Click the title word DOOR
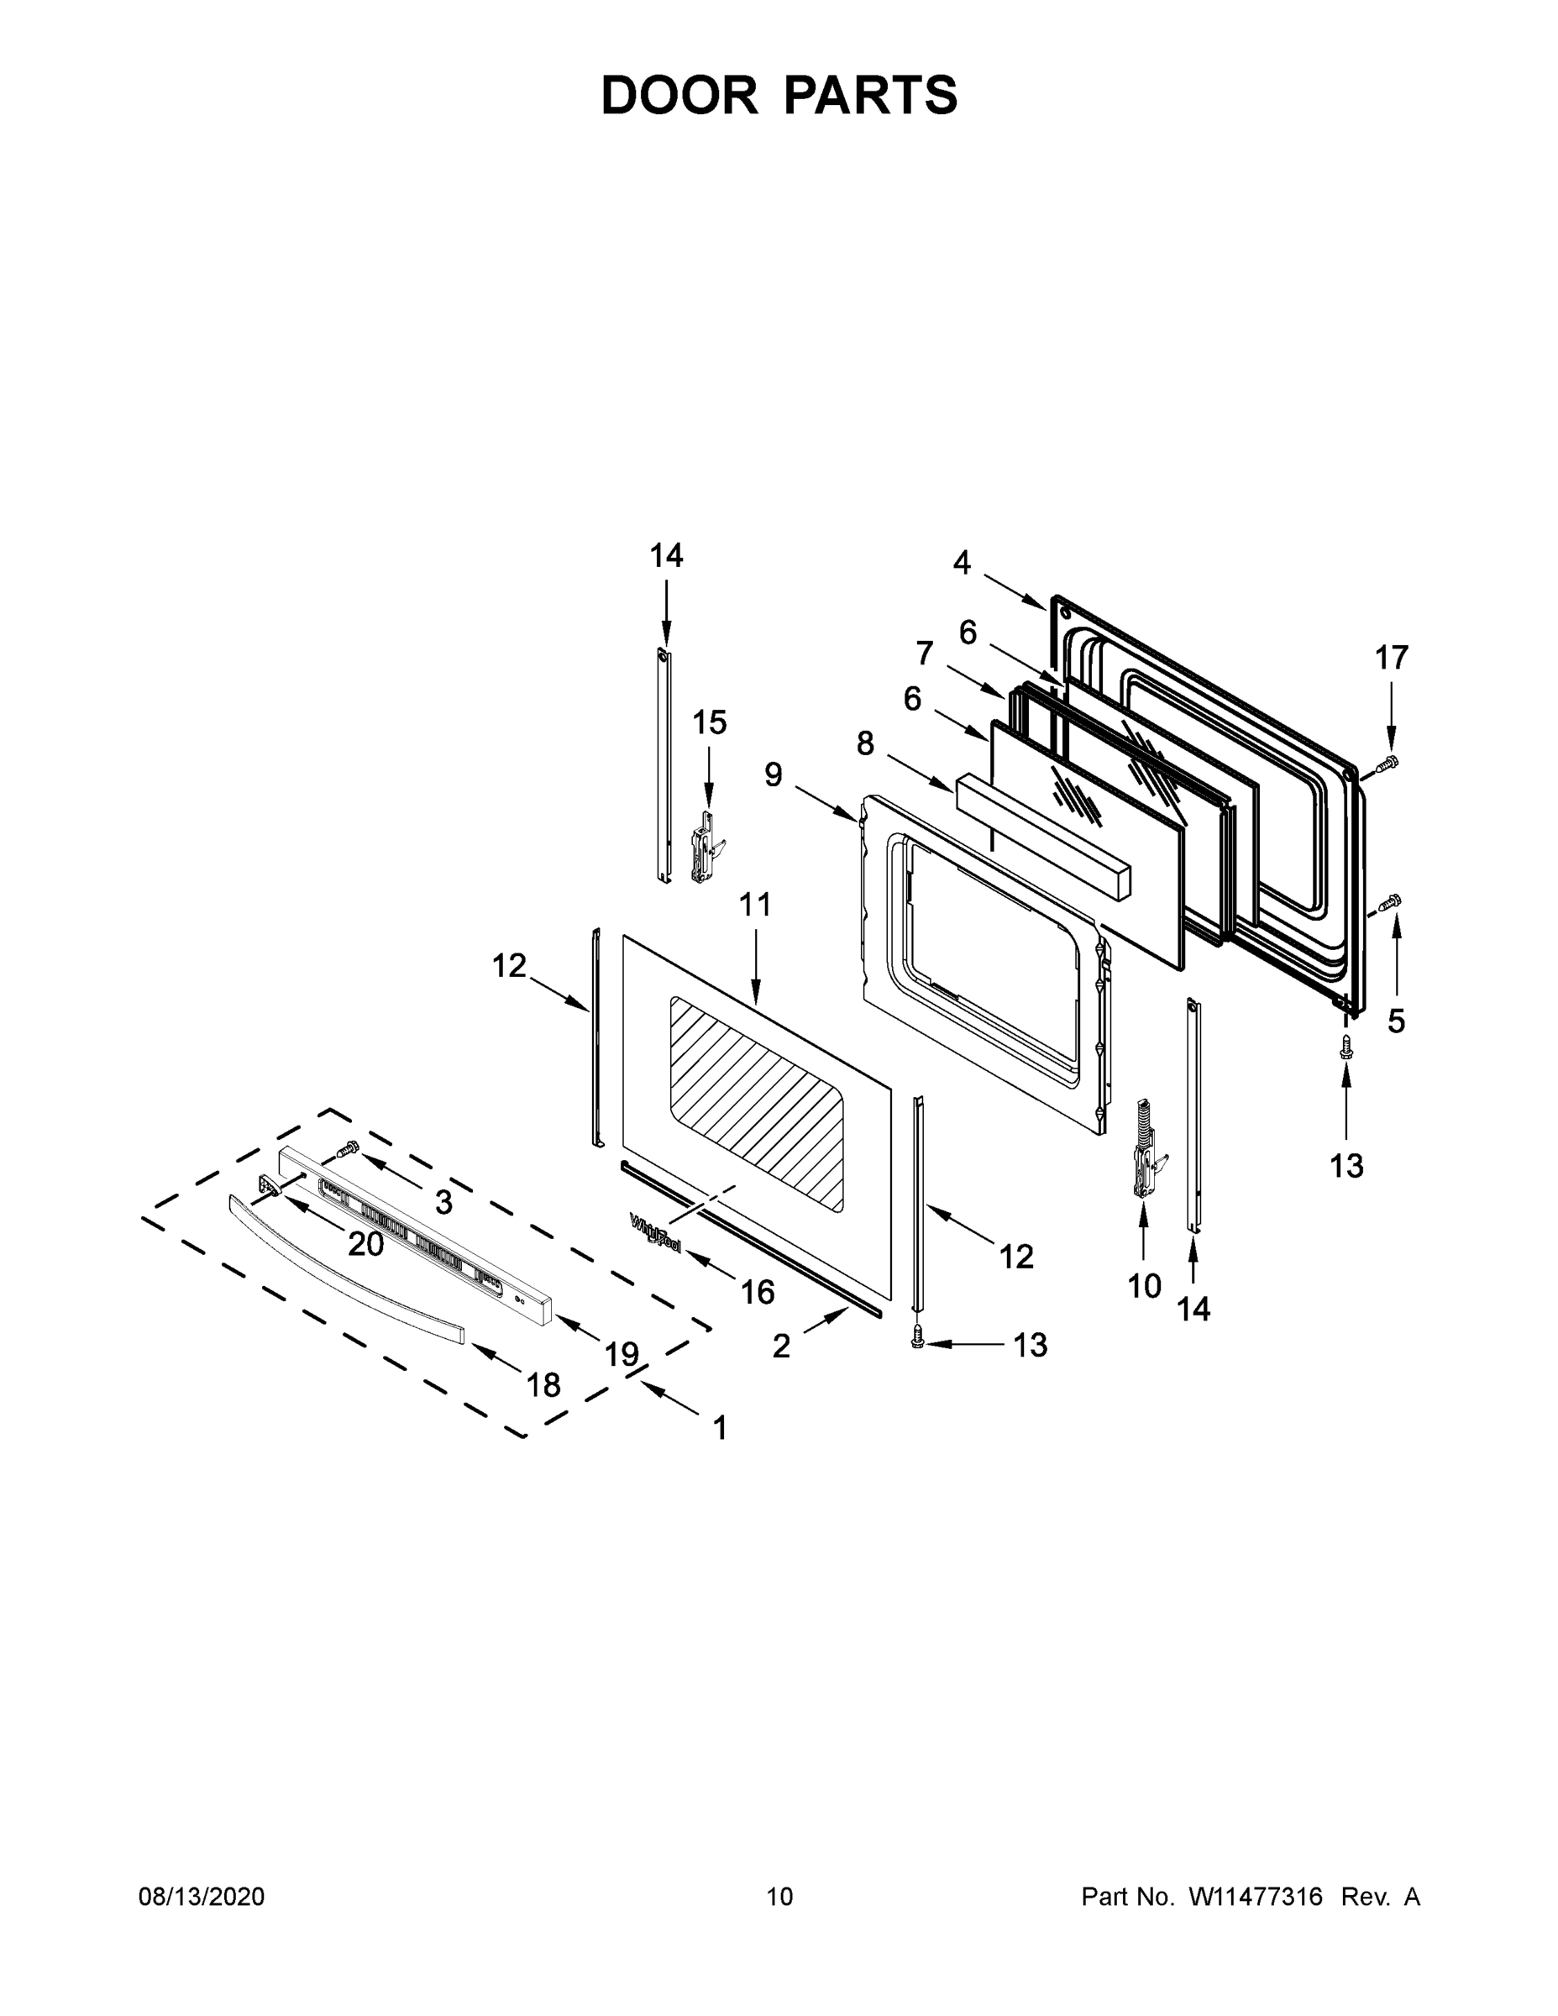679,95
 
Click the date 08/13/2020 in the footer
202,1896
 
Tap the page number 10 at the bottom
779,1896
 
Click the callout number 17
1392,659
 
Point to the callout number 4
962,562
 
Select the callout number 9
773,774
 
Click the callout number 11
755,905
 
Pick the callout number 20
365,1244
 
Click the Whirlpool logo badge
655,1232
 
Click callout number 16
757,1292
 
